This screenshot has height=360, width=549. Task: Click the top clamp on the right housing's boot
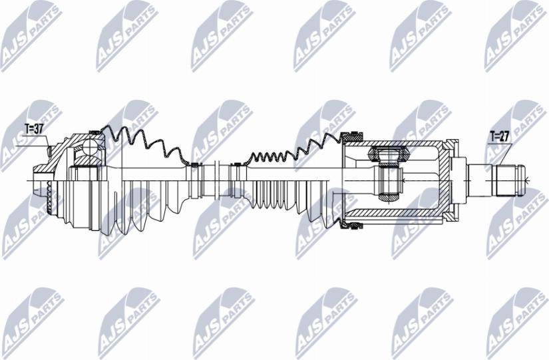pos(350,136)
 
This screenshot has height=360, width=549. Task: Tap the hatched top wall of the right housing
pos(399,142)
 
